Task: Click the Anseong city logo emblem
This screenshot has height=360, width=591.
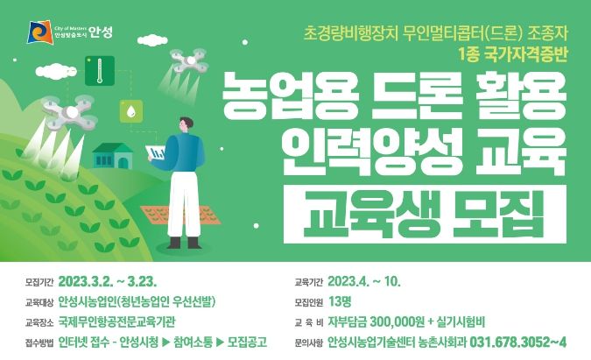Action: point(40,32)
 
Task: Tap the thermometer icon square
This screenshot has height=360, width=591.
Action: point(100,70)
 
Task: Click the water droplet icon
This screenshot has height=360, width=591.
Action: point(131,111)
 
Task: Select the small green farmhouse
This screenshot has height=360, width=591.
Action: point(112,156)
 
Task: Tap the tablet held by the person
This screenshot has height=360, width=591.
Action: point(156,153)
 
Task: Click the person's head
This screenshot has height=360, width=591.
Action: point(186,124)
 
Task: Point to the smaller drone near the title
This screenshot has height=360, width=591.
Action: point(189,60)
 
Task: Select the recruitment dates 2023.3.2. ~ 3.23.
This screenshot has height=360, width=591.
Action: point(108,281)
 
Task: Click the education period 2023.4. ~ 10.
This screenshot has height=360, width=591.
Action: point(363,281)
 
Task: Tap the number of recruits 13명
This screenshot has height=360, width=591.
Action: point(340,301)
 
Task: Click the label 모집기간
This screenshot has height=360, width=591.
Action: point(39,282)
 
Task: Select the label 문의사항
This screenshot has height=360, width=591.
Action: point(309,342)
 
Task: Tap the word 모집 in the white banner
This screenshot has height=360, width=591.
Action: point(498,214)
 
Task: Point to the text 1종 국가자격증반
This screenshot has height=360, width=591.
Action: point(513,55)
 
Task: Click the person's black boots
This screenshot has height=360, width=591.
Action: point(184,243)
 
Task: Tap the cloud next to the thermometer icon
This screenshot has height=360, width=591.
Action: point(56,71)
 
